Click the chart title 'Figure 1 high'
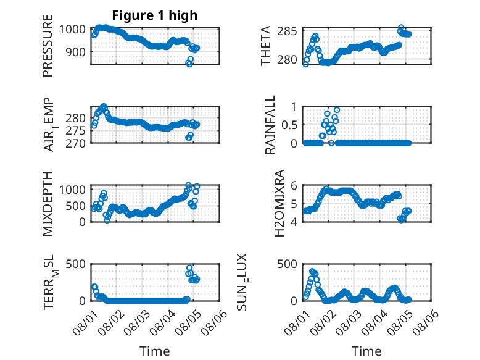155,15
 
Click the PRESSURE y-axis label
48,46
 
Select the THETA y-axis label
266,46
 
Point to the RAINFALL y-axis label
270,125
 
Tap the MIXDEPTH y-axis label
48,204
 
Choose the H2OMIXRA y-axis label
279,203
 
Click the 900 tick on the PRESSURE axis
75,52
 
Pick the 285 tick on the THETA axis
287,31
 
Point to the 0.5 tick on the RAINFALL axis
289,125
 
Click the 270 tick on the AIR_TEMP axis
75,143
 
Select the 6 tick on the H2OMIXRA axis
294,185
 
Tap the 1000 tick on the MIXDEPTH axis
72,190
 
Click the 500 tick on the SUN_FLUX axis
287,264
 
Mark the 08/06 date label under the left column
215,322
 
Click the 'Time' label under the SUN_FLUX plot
366,351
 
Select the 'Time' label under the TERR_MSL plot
155,351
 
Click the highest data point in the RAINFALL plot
337,110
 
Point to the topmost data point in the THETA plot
401,28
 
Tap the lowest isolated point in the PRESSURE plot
189,64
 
